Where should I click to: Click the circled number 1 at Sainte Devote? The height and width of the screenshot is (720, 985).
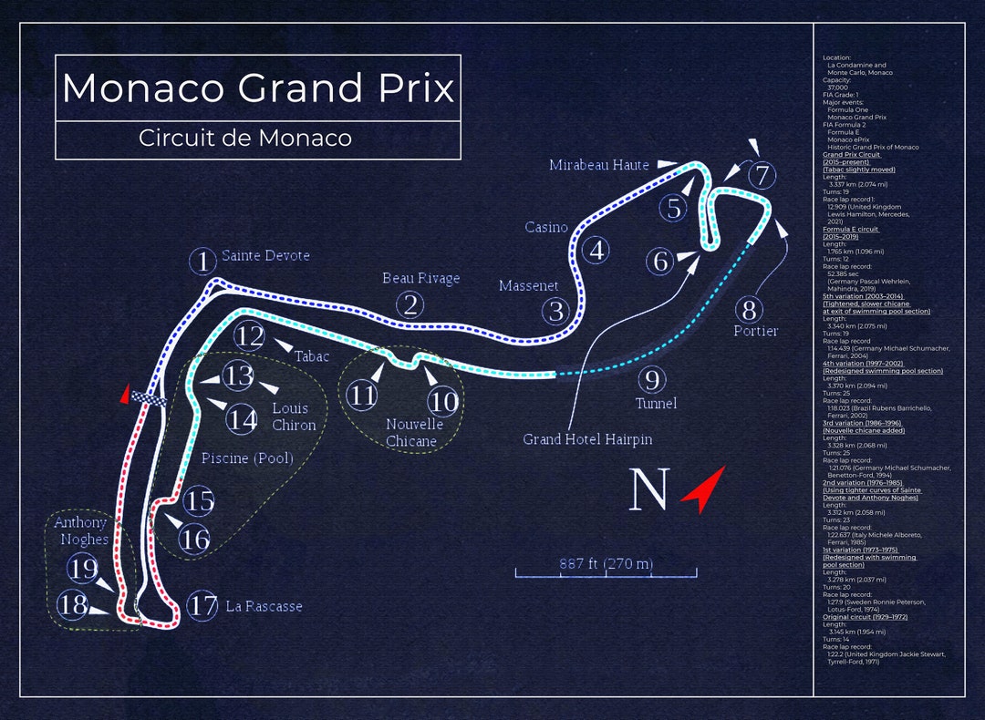[x=202, y=262]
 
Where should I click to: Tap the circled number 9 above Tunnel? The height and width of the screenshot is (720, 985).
[x=651, y=379]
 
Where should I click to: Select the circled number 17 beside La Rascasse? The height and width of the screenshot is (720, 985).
[x=202, y=605]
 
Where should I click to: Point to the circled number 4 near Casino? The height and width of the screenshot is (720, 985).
[x=596, y=250]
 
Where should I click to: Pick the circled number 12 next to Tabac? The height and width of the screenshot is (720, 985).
[x=249, y=336]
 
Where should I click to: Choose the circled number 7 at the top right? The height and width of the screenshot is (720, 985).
[x=762, y=174]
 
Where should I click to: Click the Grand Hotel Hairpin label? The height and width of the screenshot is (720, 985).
[x=587, y=439]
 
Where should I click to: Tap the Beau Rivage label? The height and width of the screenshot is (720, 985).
[x=420, y=278]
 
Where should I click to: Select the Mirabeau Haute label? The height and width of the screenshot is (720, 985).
[x=598, y=165]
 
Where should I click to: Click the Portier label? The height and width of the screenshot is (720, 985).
[x=755, y=331]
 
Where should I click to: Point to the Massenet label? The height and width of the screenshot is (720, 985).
[x=528, y=286]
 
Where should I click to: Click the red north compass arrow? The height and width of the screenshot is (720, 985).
[x=702, y=489]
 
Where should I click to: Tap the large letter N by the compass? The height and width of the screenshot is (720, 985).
[x=648, y=489]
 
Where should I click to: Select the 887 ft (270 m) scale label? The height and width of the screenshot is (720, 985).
[x=606, y=563]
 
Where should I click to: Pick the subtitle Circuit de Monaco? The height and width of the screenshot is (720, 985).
[x=245, y=139]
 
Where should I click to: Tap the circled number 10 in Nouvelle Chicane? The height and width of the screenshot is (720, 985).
[x=443, y=400]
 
